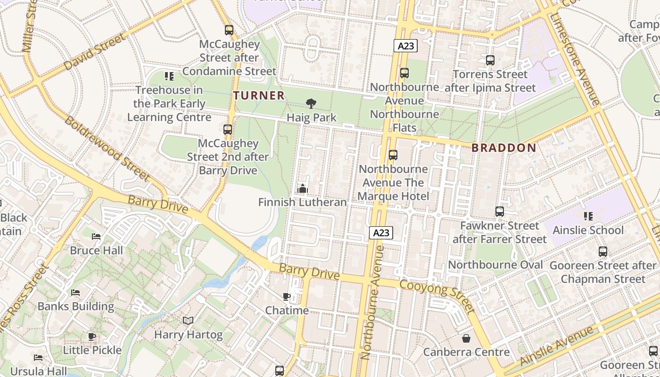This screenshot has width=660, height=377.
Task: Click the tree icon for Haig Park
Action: point(311,104)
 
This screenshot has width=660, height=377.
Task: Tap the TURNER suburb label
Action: point(259,96)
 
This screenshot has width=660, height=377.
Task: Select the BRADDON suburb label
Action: point(504,148)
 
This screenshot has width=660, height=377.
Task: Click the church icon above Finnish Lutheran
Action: point(302,188)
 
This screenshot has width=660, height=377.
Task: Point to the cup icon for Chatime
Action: point(286,296)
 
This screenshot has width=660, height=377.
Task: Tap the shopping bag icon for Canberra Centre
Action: point(466,338)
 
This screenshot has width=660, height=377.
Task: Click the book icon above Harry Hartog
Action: point(188,321)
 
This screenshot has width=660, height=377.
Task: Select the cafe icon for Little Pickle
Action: point(92,336)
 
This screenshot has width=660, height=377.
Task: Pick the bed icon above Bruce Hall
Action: point(96,237)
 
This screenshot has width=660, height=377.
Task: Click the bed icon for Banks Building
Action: point(75,293)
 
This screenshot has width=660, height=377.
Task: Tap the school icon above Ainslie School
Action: point(588,216)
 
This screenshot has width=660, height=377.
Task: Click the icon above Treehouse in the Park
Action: point(169,76)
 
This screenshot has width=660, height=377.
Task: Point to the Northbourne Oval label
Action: point(495,265)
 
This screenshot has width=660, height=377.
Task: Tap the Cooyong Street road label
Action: point(437,296)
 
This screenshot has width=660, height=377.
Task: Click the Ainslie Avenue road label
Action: point(556,346)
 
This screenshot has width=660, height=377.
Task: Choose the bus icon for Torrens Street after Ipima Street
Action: point(490,60)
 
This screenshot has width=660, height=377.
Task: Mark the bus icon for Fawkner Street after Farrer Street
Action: point(500,212)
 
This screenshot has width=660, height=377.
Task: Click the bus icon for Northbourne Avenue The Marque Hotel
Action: point(393,155)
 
